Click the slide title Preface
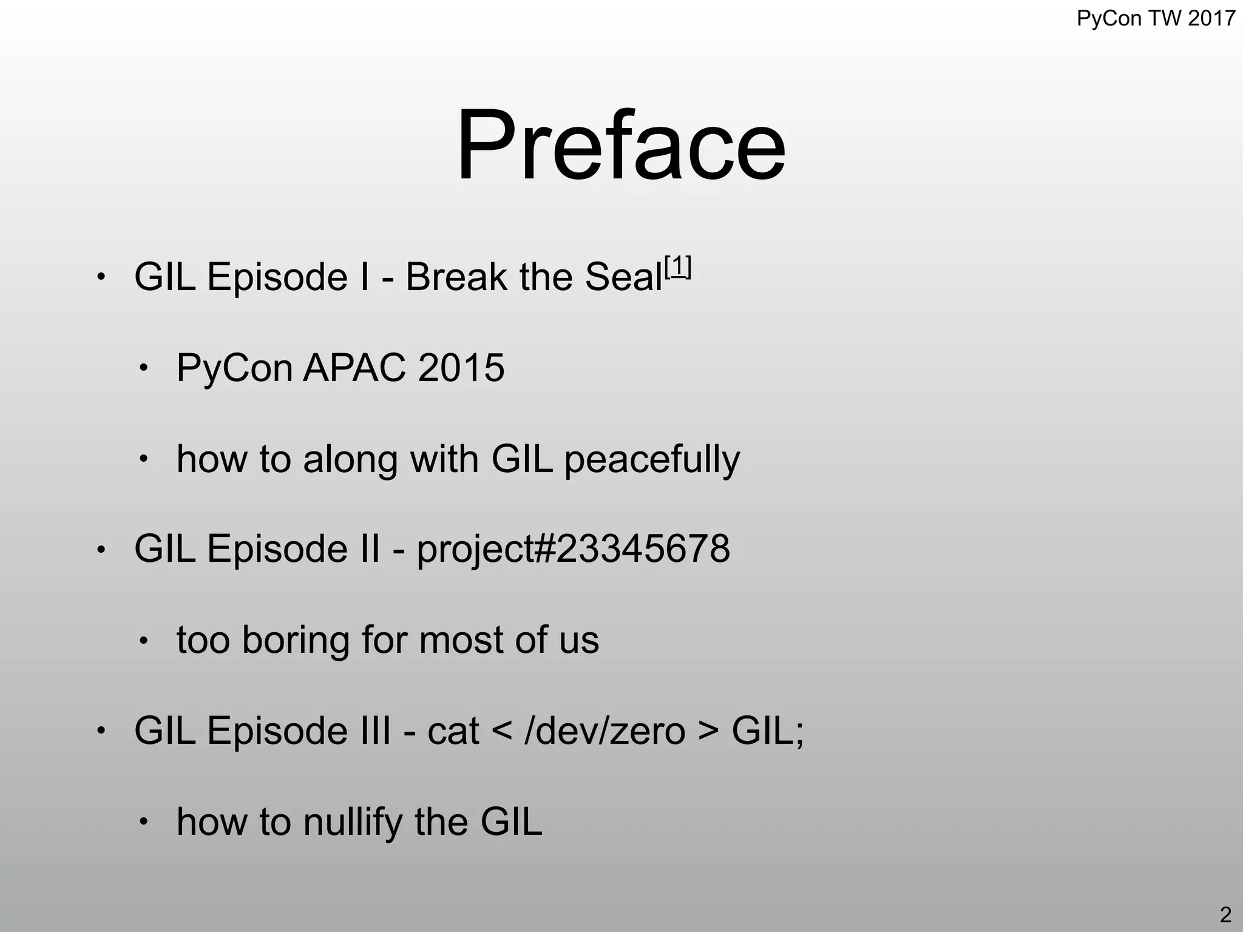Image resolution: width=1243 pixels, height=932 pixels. pyautogui.click(x=620, y=146)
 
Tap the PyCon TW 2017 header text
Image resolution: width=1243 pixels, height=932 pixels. pyautogui.click(x=1156, y=19)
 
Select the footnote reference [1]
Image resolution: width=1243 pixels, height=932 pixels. pyautogui.click(x=677, y=266)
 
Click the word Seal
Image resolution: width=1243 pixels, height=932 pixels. pyautogui.click(x=623, y=277)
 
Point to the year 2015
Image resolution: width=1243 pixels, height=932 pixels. pyautogui.click(x=461, y=368)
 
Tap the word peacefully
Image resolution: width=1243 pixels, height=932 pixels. pyautogui.click(x=652, y=459)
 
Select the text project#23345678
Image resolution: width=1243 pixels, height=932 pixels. pyautogui.click(x=573, y=549)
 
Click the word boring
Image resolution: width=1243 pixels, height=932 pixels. pyautogui.click(x=296, y=640)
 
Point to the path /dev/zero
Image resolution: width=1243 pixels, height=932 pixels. pyautogui.click(x=605, y=731)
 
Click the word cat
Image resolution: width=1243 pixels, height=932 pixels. pyautogui.click(x=453, y=731)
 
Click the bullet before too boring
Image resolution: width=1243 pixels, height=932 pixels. pyautogui.click(x=143, y=641)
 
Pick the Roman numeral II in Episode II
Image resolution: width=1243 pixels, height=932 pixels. pyautogui.click(x=368, y=549)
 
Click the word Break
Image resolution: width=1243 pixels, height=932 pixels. pyautogui.click(x=455, y=277)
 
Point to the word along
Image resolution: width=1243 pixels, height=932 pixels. pyautogui.click(x=351, y=459)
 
